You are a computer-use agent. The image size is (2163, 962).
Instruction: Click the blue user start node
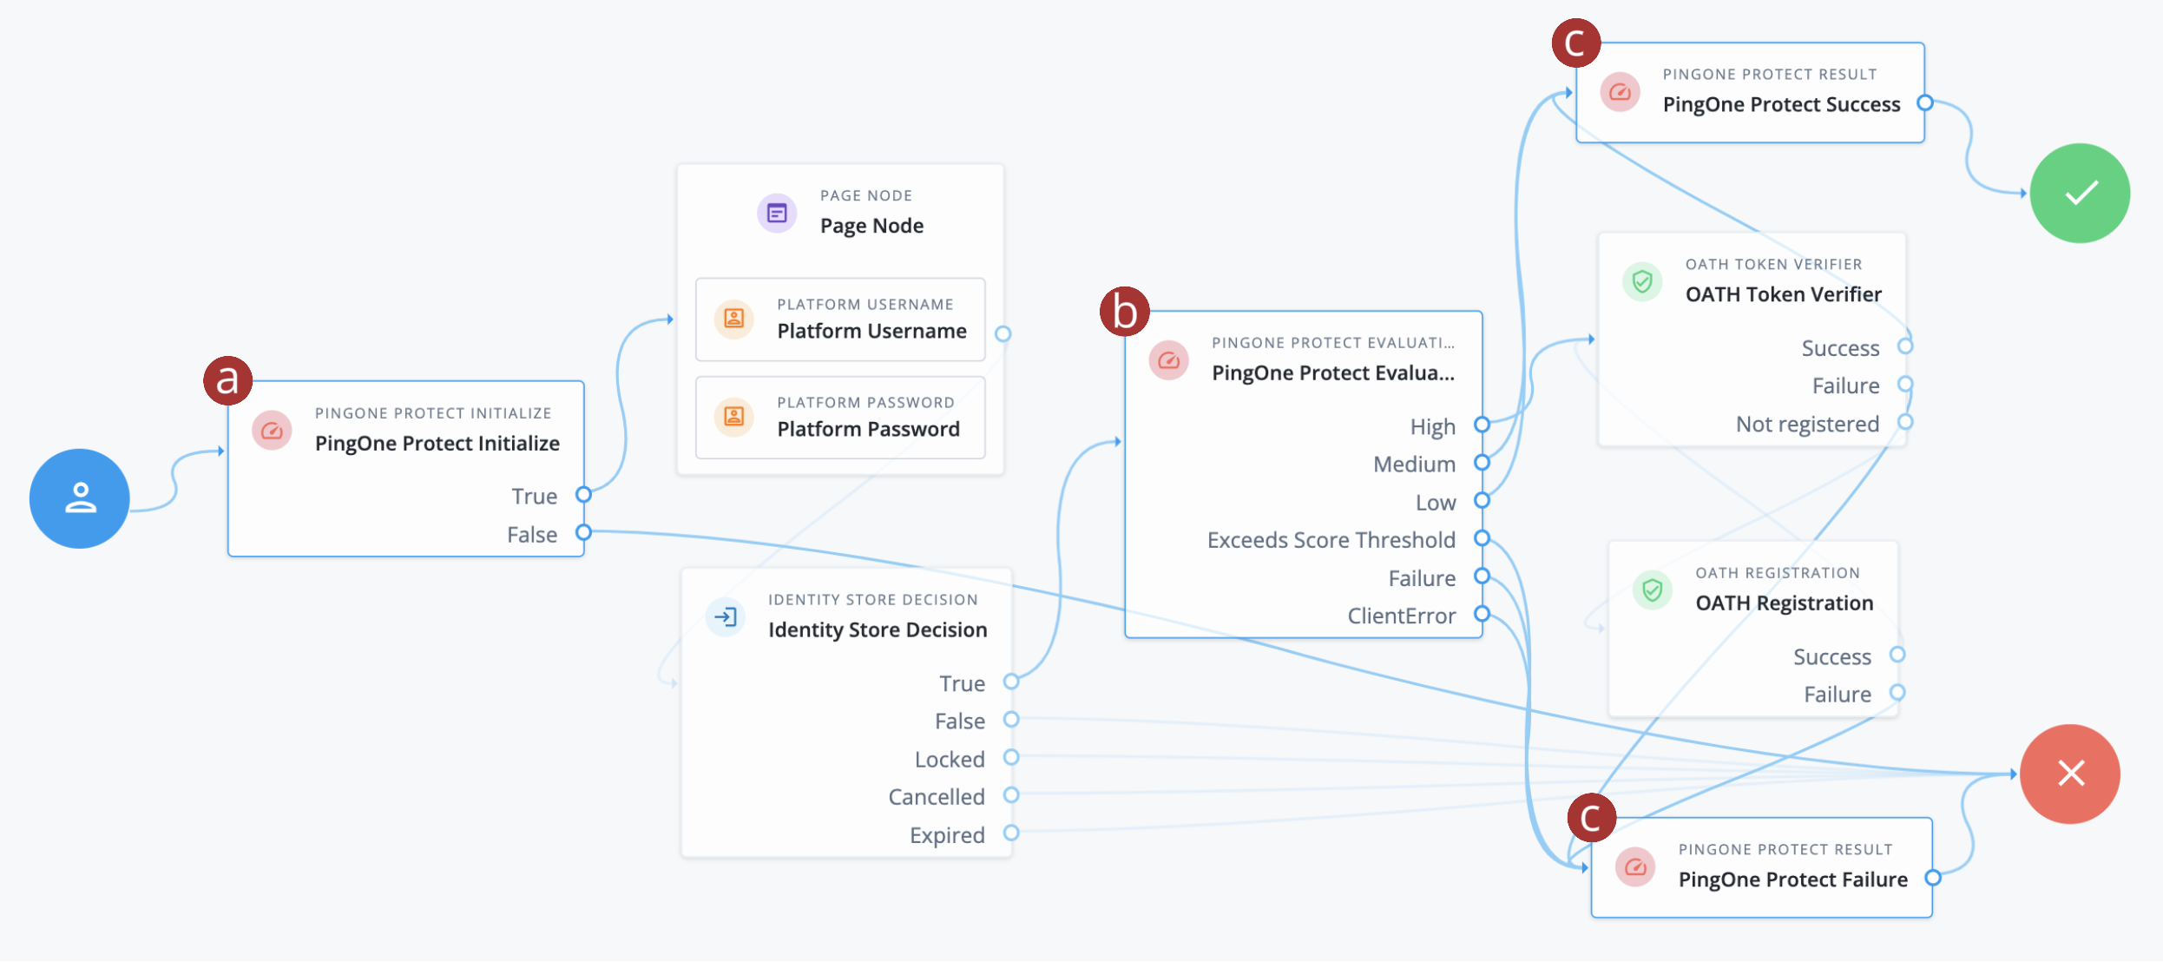[79, 498]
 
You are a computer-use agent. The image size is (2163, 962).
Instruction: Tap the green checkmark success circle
[2080, 193]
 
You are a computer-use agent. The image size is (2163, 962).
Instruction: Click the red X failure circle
[2070, 774]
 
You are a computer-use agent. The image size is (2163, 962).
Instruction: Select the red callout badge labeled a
[227, 380]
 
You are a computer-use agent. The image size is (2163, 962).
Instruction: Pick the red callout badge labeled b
[1124, 312]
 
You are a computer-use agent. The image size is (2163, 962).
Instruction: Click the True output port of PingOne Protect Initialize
[584, 495]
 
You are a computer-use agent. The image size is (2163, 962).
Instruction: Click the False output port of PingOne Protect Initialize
[584, 532]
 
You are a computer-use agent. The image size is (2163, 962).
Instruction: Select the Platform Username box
[839, 320]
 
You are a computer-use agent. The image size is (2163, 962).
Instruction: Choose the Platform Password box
[839, 418]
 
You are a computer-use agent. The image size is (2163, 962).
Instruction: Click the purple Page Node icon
[777, 213]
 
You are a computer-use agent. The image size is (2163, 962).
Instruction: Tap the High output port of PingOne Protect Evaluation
[1482, 425]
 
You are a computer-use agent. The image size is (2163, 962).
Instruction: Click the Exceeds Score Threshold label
[1331, 540]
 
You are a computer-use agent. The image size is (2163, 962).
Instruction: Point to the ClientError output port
[1482, 614]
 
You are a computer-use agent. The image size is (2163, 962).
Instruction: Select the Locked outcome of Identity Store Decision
[950, 759]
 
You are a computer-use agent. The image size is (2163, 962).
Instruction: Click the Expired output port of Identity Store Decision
[1011, 833]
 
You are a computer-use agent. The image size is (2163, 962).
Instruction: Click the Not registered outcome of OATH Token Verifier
[1807, 424]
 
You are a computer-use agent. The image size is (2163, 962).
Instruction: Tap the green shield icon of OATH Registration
[1652, 590]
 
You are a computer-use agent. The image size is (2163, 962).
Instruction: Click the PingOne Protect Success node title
[1781, 104]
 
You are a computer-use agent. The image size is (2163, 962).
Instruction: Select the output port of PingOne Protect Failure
[1933, 878]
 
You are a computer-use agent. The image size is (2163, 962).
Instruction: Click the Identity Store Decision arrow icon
[726, 617]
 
